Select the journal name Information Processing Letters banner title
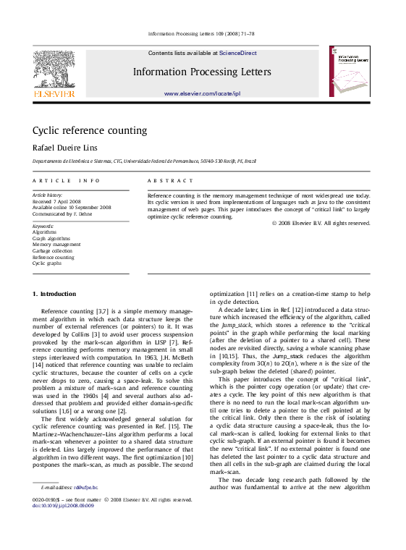[x=202, y=72]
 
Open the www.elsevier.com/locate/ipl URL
[x=202, y=94]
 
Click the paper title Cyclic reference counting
[x=90, y=131]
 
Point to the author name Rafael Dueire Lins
[x=67, y=148]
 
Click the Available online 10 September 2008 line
[x=72, y=207]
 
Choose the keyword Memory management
[x=56, y=245]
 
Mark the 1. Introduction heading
[x=54, y=295]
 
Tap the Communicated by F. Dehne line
[x=63, y=213]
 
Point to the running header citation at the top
[x=200, y=34]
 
